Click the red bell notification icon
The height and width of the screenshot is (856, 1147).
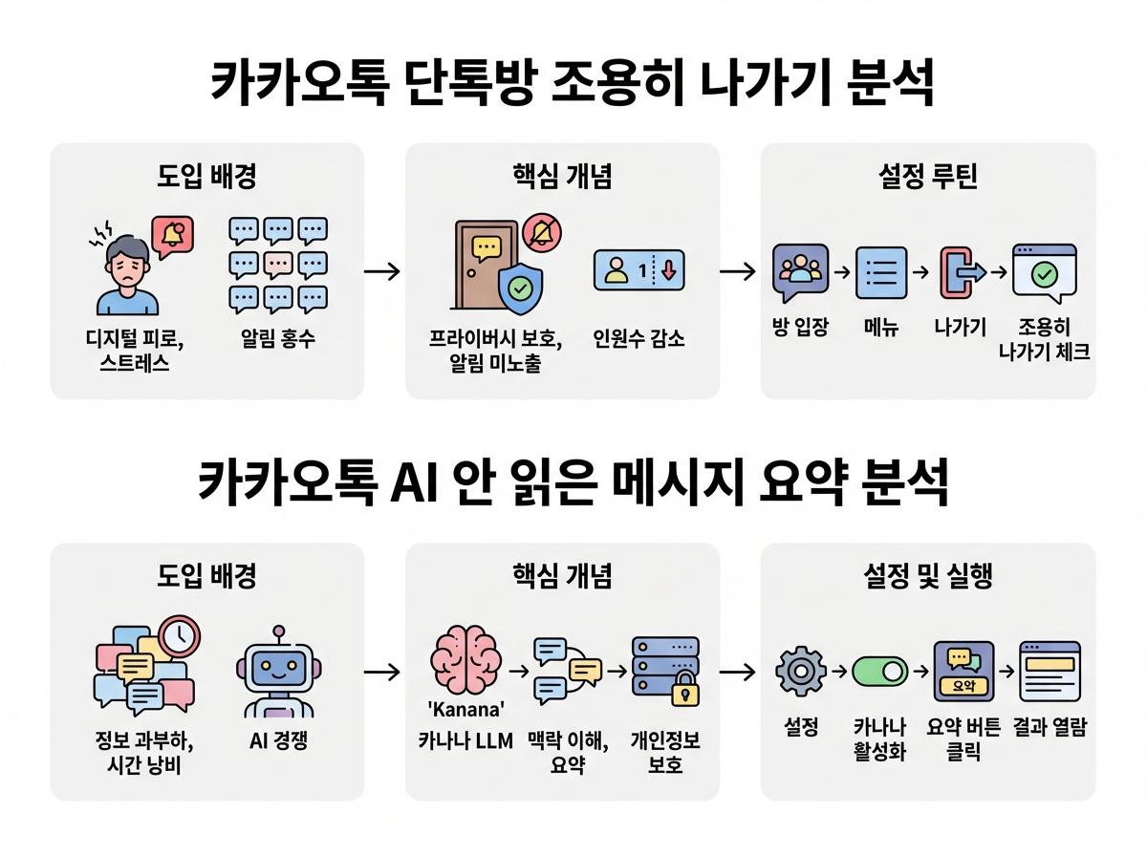(x=172, y=234)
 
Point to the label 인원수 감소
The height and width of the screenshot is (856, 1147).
(x=638, y=339)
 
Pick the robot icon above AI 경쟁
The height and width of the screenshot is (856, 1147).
(x=278, y=674)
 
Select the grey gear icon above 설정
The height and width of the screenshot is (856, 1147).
(x=801, y=671)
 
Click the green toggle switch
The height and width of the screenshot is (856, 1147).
(x=880, y=672)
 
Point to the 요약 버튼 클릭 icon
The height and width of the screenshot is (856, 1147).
(x=963, y=670)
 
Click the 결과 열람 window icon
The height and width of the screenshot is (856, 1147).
(x=1049, y=671)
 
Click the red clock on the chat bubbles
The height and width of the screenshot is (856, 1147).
(x=179, y=635)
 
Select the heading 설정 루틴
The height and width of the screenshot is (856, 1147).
(x=927, y=178)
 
